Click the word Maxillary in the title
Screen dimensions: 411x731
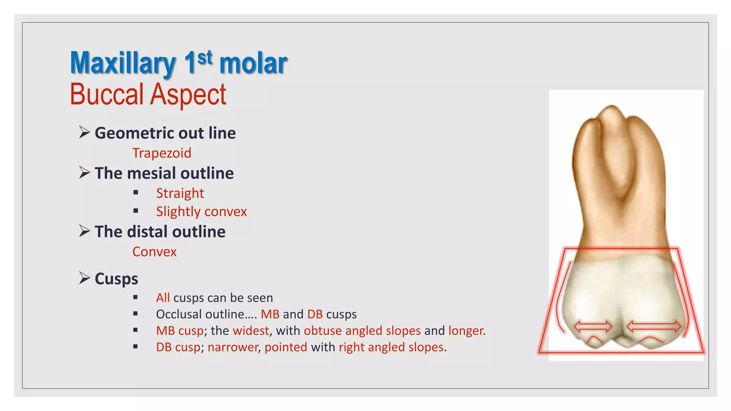(123, 64)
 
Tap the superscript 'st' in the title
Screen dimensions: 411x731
(205, 58)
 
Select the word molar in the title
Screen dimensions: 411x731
(253, 64)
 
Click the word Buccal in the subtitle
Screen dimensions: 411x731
(106, 95)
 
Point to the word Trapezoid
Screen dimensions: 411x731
(162, 153)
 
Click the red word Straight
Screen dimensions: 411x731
(180, 193)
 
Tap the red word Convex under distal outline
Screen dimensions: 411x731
(154, 252)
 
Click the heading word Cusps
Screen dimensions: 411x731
(116, 279)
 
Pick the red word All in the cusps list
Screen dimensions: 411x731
(163, 298)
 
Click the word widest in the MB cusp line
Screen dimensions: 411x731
(251, 331)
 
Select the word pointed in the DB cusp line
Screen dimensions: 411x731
(286, 347)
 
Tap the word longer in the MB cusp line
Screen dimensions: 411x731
(466, 331)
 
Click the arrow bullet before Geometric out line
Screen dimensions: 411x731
(85, 132)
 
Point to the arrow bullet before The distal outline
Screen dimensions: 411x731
(85, 231)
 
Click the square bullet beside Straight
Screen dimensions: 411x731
(136, 193)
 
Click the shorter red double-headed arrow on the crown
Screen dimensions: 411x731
(593, 326)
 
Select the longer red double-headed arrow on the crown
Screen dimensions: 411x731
(654, 326)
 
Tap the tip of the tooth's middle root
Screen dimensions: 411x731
(612, 107)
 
